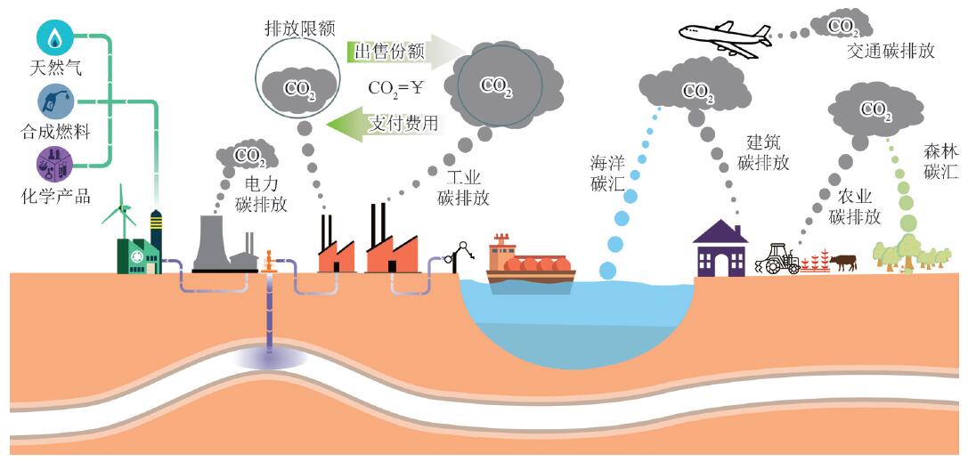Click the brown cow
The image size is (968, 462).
click(x=842, y=262)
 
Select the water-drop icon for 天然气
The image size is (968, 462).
click(x=55, y=37)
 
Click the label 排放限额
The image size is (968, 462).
click(x=299, y=28)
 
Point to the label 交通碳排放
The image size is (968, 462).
click(x=891, y=51)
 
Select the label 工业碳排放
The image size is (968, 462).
click(x=463, y=188)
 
